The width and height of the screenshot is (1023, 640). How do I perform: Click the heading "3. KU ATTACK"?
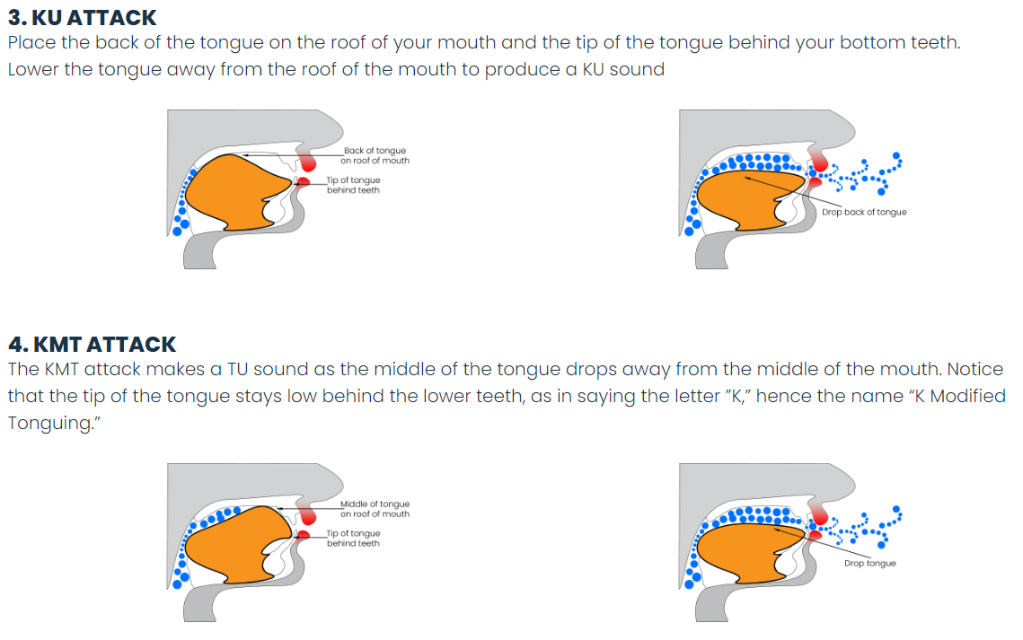[x=83, y=18]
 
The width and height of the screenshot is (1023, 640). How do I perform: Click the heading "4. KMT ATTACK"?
[x=92, y=344]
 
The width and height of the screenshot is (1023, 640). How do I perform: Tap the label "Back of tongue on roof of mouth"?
[x=375, y=155]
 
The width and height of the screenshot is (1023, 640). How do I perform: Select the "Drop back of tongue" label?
[x=864, y=212]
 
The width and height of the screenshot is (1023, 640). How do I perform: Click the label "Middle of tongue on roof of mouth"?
[x=375, y=509]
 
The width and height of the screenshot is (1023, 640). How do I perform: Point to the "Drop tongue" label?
[x=869, y=563]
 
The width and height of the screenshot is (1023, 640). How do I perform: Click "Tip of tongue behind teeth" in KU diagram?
[x=353, y=185]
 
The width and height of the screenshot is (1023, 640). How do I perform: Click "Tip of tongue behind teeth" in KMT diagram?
[x=353, y=539]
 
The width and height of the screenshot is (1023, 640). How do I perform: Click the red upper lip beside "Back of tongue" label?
[x=308, y=161]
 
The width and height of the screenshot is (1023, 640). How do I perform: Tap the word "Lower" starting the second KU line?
[x=32, y=69]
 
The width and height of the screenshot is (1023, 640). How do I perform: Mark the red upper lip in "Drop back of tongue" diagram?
[x=819, y=161]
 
